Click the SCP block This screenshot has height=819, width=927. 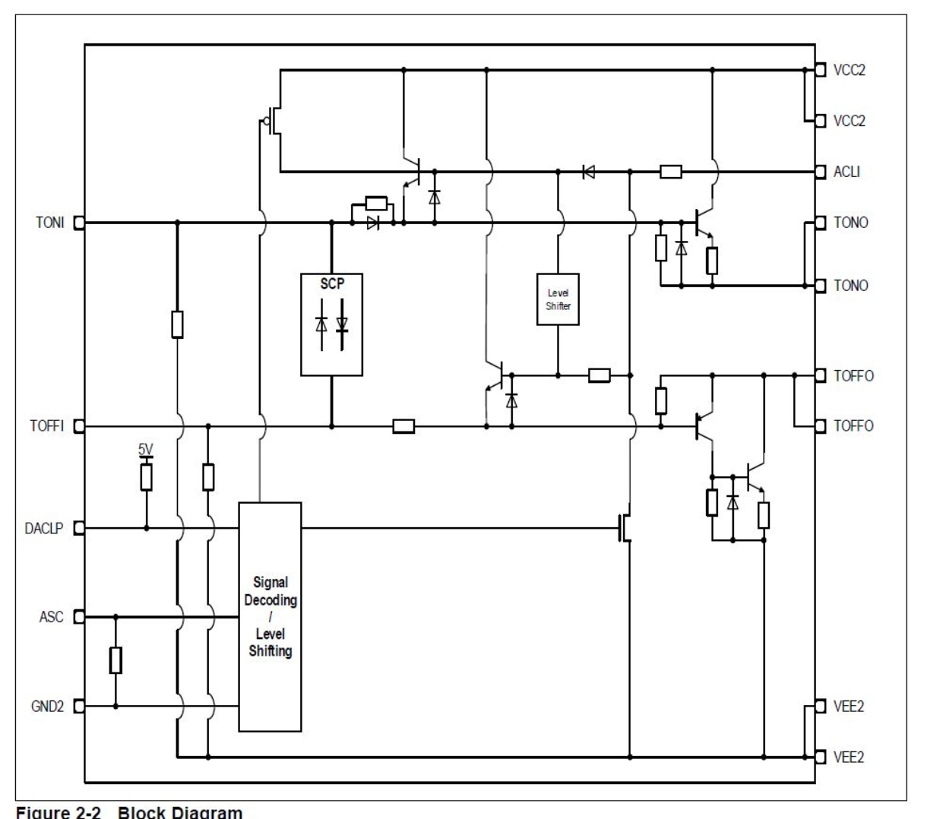[x=331, y=324]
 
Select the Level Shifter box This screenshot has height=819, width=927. [x=558, y=299]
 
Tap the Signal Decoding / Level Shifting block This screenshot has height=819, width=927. [x=270, y=616]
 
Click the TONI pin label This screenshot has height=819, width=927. [x=49, y=223]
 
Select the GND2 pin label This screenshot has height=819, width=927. [x=47, y=707]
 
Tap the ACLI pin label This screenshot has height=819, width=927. [x=846, y=172]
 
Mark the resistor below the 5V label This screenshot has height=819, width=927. [x=146, y=477]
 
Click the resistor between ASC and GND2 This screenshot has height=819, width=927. [x=115, y=660]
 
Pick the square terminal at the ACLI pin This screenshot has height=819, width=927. [x=820, y=172]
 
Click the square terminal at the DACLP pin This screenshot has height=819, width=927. [x=78, y=528]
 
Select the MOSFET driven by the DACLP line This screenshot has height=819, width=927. [x=625, y=528]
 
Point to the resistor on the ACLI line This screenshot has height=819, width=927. [x=670, y=172]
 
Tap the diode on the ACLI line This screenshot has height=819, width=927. [x=587, y=172]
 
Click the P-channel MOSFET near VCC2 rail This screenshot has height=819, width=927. [x=274, y=120]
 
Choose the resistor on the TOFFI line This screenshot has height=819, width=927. [x=403, y=426]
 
